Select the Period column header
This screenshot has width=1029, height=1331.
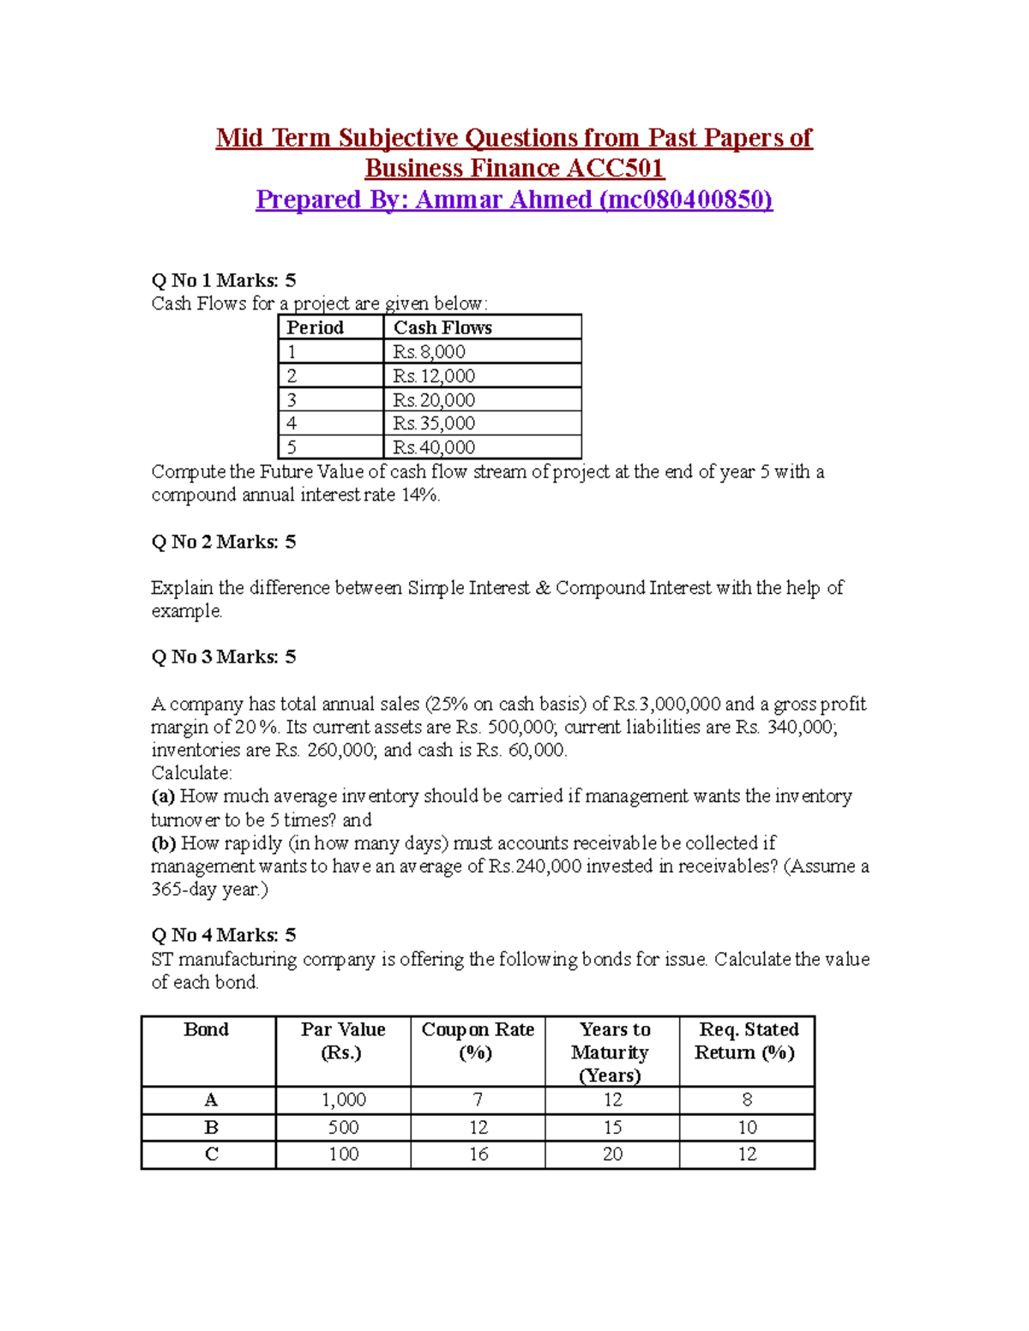(x=315, y=327)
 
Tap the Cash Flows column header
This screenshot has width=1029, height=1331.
(x=442, y=327)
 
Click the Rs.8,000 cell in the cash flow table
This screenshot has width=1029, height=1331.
(x=429, y=351)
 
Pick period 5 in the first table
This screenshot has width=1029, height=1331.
(x=292, y=447)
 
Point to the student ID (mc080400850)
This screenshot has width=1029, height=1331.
(x=686, y=200)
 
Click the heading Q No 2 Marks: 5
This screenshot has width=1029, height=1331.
(x=224, y=542)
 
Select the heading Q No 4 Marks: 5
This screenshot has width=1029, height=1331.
(x=224, y=935)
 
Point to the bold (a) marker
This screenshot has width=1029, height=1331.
(x=163, y=796)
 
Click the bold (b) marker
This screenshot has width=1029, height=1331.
(x=164, y=843)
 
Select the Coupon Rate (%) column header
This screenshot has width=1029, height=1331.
(x=478, y=1040)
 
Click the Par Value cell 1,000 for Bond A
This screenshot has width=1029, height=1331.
(x=344, y=1100)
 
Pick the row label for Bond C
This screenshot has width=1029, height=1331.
(x=211, y=1154)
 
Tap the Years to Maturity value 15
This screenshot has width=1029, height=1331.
(x=612, y=1127)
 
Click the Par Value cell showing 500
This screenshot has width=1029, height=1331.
(x=344, y=1127)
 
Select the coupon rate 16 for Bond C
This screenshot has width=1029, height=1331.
(x=478, y=1154)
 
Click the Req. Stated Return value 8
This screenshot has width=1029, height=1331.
(x=747, y=1100)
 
